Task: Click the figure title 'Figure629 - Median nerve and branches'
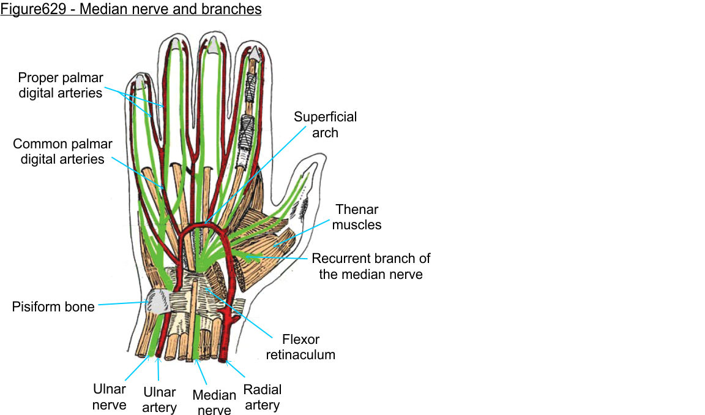pyautogui.click(x=131, y=10)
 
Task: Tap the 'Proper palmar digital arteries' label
pyautogui.click(x=61, y=85)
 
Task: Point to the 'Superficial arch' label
pyautogui.click(x=325, y=124)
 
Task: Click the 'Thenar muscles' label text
pyautogui.click(x=358, y=217)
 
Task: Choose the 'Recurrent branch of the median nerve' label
pyautogui.click(x=371, y=266)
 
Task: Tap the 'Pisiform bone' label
pyautogui.click(x=53, y=306)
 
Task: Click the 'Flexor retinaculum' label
pyautogui.click(x=309, y=346)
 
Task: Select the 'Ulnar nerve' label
pyautogui.click(x=110, y=397)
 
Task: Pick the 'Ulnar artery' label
pyautogui.click(x=159, y=400)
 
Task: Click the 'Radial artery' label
pyautogui.click(x=263, y=397)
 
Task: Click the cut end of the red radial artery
pyautogui.click(x=223, y=357)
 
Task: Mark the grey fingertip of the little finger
pyautogui.click(x=140, y=80)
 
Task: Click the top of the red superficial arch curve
pyautogui.click(x=205, y=225)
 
